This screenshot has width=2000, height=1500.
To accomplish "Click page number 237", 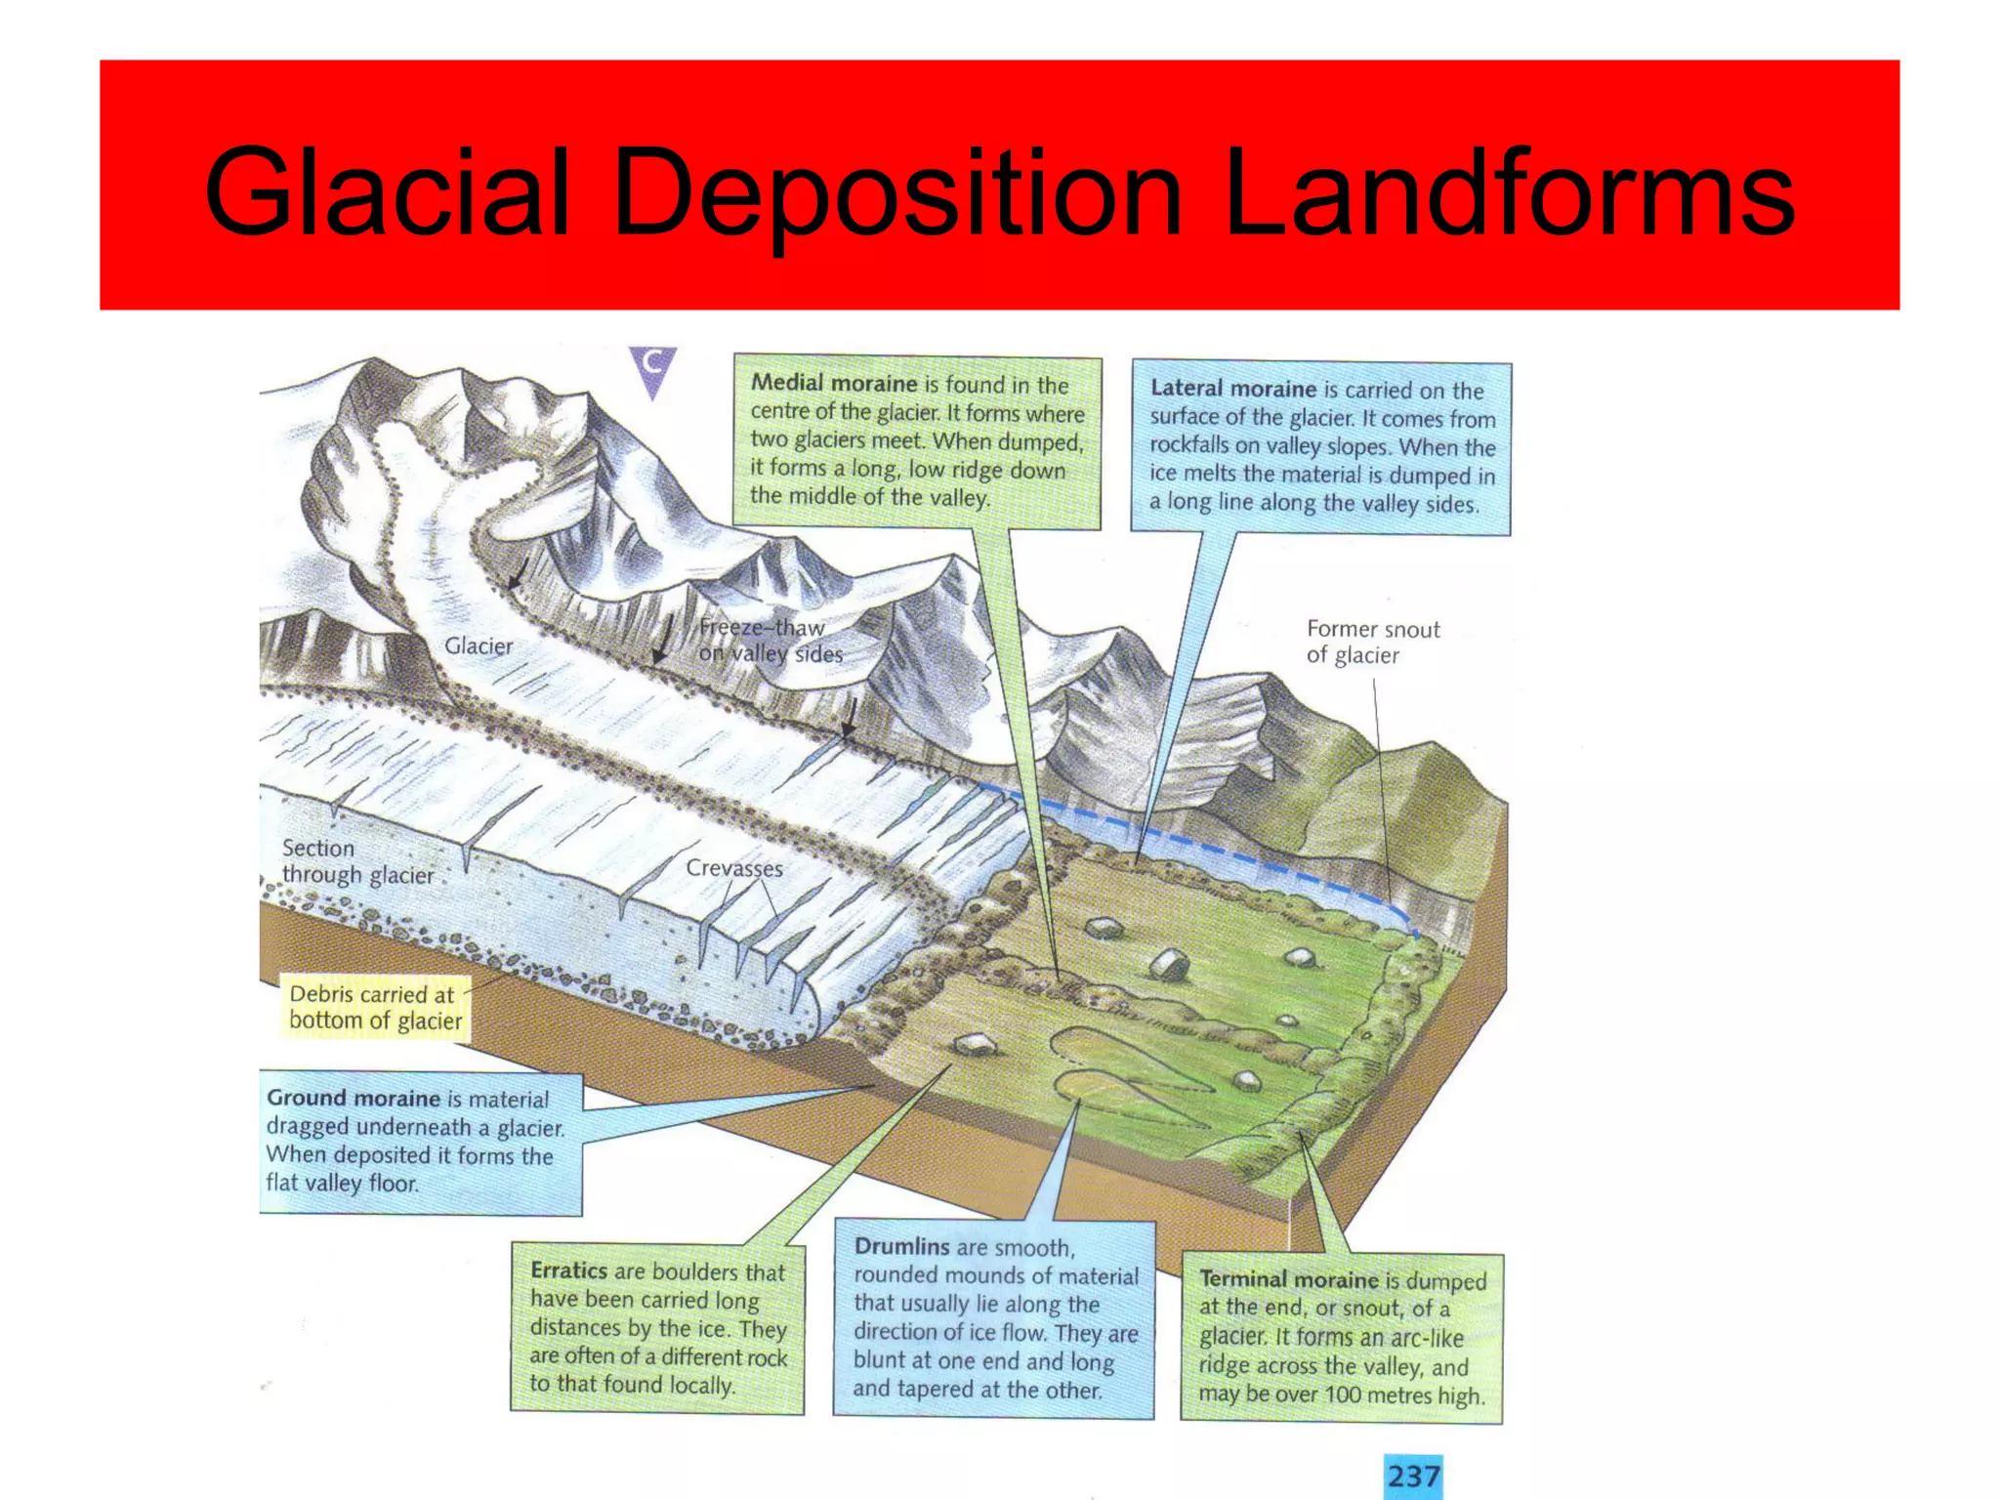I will (x=1413, y=1476).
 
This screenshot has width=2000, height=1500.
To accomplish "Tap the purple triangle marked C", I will (x=652, y=369).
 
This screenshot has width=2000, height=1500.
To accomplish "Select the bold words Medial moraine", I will (x=833, y=383).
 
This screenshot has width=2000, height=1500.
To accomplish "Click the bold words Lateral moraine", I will (x=1232, y=389).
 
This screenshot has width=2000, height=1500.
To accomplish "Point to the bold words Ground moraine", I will (x=353, y=1098).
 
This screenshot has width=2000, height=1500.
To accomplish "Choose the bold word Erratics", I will (x=568, y=1271).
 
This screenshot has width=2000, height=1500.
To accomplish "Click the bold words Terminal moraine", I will (x=1288, y=1279).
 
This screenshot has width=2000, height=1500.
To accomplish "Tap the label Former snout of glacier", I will (x=1371, y=642).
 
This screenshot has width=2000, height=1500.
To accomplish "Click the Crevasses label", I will (x=733, y=868).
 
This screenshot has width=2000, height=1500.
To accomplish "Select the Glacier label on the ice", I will (x=478, y=646).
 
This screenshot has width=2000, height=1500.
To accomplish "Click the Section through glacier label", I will (x=355, y=861).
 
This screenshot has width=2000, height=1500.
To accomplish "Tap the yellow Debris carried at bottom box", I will (x=375, y=1007).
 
